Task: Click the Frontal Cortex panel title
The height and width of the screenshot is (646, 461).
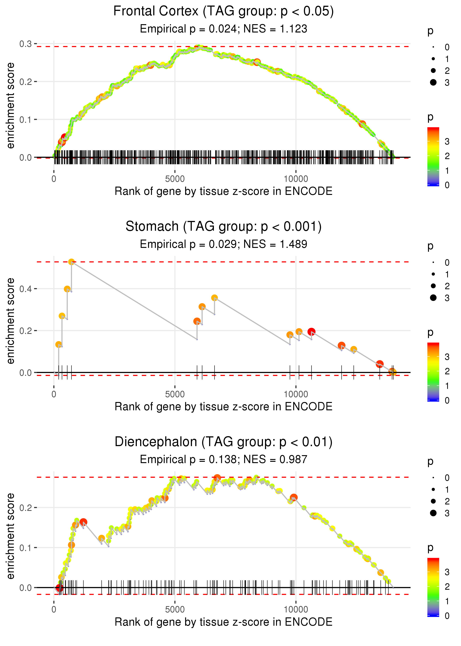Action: [x=223, y=11]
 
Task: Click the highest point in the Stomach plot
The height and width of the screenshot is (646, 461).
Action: [x=72, y=262]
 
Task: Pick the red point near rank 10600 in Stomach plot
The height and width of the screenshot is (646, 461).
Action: [x=311, y=331]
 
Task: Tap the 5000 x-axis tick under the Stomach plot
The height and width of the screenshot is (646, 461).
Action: [x=175, y=394]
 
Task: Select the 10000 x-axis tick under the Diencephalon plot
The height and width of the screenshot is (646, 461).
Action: [x=296, y=609]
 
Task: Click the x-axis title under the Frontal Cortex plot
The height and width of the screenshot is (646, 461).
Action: [x=223, y=191]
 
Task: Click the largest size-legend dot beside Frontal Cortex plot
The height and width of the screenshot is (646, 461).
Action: [x=433, y=82]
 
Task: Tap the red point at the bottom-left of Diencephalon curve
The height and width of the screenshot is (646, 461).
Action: [x=59, y=588]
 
